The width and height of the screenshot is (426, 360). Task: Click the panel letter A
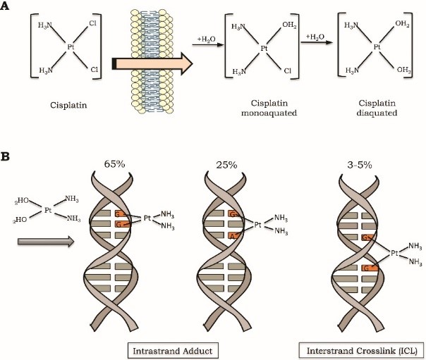click(x=5, y=6)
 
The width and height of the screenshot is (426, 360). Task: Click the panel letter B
click(x=5, y=157)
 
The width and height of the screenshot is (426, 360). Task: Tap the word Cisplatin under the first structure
click(x=68, y=105)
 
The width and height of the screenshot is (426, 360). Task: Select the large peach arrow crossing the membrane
click(x=152, y=63)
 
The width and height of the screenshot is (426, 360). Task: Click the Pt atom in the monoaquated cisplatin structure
click(x=264, y=49)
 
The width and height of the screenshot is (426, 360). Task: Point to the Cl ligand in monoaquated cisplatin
click(x=288, y=71)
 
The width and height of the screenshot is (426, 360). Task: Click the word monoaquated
click(x=269, y=113)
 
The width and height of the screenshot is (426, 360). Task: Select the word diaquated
click(x=377, y=113)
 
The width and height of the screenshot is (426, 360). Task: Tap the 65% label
click(x=114, y=164)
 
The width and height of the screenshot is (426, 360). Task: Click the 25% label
click(x=226, y=165)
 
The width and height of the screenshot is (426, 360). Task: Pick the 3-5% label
click(x=359, y=165)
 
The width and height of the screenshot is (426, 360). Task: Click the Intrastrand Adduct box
click(x=173, y=351)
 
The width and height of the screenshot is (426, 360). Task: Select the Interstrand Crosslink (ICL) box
click(x=362, y=350)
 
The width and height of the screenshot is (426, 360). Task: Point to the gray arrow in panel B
click(x=46, y=242)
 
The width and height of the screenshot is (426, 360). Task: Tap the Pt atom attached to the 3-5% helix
click(x=394, y=254)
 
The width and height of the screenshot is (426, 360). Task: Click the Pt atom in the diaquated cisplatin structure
click(x=377, y=47)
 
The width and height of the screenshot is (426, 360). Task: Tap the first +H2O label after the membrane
click(x=206, y=39)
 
